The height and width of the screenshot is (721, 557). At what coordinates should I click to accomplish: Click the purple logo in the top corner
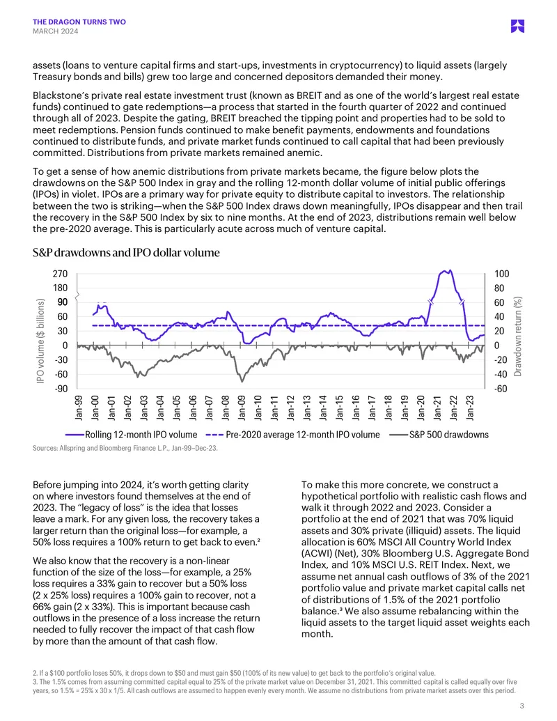(517, 26)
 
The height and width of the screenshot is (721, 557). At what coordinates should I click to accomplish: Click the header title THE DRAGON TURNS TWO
(79, 22)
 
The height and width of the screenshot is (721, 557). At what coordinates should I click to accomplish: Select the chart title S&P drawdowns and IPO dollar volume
(126, 252)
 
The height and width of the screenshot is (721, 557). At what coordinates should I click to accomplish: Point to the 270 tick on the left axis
(60, 274)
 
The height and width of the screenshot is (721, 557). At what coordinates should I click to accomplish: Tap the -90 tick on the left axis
(61, 389)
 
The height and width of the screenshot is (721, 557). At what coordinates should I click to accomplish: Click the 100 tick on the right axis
(501, 274)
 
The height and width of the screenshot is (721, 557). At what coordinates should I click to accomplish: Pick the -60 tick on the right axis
(500, 389)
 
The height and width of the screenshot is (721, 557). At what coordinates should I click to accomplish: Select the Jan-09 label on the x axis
(242, 408)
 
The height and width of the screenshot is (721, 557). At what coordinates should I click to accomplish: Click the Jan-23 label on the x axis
(469, 408)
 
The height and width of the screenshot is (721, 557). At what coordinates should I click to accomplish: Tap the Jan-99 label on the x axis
(79, 408)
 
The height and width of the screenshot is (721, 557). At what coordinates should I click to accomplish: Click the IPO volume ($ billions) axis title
(40, 341)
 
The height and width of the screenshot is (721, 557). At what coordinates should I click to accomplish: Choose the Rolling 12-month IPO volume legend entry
(132, 435)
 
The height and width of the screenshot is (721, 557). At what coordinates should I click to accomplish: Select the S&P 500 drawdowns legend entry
(439, 435)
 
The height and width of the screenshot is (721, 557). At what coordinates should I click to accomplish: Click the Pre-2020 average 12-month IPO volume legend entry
(292, 435)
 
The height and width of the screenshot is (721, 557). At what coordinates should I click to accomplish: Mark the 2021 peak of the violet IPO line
(450, 270)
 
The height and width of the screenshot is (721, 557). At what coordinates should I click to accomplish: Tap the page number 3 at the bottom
(521, 706)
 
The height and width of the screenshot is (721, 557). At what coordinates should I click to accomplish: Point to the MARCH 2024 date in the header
(55, 31)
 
